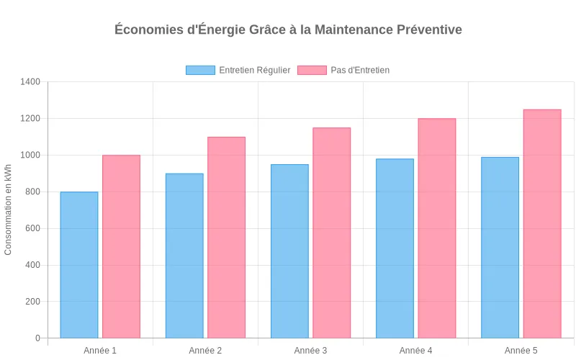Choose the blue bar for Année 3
click(289, 251)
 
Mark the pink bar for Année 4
click(436, 228)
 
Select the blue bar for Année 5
click(500, 248)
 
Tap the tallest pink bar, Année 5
click(542, 224)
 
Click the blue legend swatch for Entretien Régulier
click(200, 70)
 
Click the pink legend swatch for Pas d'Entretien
click(312, 70)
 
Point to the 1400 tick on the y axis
click(30, 82)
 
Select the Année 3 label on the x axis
click(310, 351)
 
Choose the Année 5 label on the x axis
click(521, 351)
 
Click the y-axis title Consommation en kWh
click(9, 210)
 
